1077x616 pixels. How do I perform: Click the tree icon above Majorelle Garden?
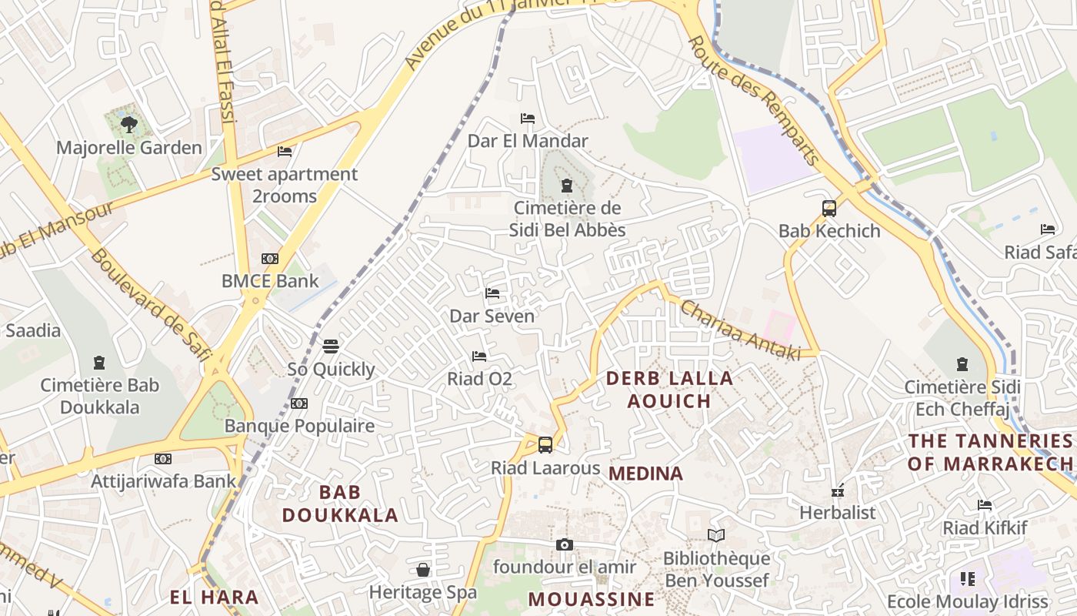coord(129,123)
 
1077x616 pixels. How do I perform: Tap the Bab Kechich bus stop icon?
coord(829,208)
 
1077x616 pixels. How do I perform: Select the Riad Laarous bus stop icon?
coord(545,444)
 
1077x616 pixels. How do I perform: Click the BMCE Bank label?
coord(269,281)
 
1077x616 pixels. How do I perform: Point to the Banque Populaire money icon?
coord(299,403)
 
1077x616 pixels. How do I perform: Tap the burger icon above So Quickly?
coord(331,346)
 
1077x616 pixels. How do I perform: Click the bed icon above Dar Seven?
coord(492,293)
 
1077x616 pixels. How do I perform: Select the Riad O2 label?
coord(479,379)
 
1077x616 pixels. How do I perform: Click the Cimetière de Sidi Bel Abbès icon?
coord(567,185)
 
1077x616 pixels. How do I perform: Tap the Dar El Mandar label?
coord(528,141)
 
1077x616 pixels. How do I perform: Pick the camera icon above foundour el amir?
coord(565,544)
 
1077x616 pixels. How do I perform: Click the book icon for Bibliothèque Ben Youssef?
coord(716,535)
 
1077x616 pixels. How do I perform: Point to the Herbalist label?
coord(838,513)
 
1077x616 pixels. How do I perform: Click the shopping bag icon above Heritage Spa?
coord(422,570)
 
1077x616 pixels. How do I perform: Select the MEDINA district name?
coord(645,474)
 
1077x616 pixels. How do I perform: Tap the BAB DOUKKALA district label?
coord(340,504)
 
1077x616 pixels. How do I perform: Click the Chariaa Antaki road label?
coord(740,330)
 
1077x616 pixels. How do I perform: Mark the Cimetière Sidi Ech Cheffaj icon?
coord(962,363)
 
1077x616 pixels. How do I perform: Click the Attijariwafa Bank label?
coord(164,481)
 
